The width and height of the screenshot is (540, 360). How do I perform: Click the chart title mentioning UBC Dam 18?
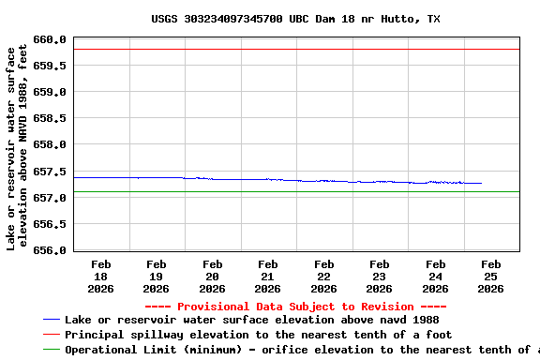tap(295, 19)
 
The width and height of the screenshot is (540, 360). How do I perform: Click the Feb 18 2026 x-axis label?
tap(100, 277)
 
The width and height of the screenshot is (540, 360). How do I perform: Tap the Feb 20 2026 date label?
tap(212, 277)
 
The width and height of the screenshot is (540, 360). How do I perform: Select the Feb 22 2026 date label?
tap(323, 277)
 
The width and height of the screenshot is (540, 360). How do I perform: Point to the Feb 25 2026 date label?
tap(490, 277)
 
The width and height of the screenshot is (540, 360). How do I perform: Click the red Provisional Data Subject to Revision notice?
tap(295, 307)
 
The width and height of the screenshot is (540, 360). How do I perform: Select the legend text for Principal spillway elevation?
tap(258, 335)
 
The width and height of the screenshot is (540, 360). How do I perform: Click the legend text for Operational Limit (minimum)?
tap(300, 350)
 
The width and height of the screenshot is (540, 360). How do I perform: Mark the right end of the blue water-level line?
tap(481, 184)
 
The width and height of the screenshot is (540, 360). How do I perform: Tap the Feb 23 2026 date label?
tap(379, 277)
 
